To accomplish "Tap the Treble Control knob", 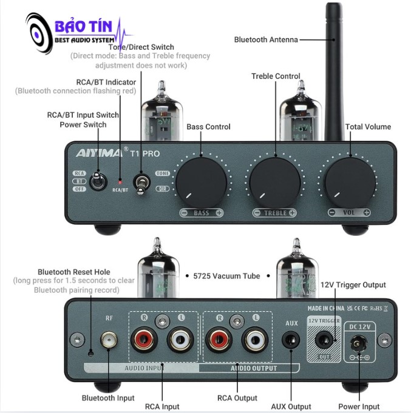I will [x=276, y=180].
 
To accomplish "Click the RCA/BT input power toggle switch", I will [x=96, y=181].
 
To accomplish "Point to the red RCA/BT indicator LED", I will [x=120, y=182].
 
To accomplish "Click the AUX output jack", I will [x=291, y=341].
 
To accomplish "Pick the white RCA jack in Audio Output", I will [x=254, y=341].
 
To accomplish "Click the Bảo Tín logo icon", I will [x=42, y=35].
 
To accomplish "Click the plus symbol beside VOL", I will [x=366, y=213].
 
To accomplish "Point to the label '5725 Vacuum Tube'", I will [x=226, y=276].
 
